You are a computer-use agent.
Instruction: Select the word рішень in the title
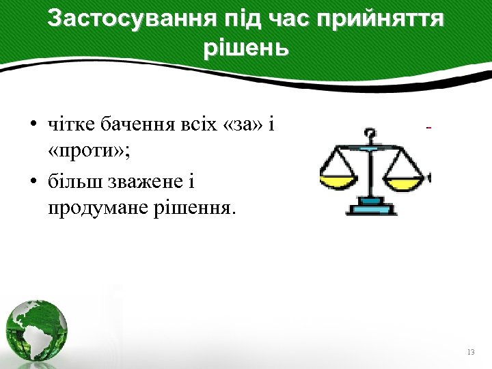246,49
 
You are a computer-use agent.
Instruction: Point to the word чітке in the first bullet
71,125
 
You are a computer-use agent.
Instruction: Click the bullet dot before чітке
33,126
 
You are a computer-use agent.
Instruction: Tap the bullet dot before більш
33,182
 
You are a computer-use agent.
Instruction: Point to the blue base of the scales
371,206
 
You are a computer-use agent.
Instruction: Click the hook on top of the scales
370,134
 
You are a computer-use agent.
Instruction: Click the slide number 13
470,352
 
